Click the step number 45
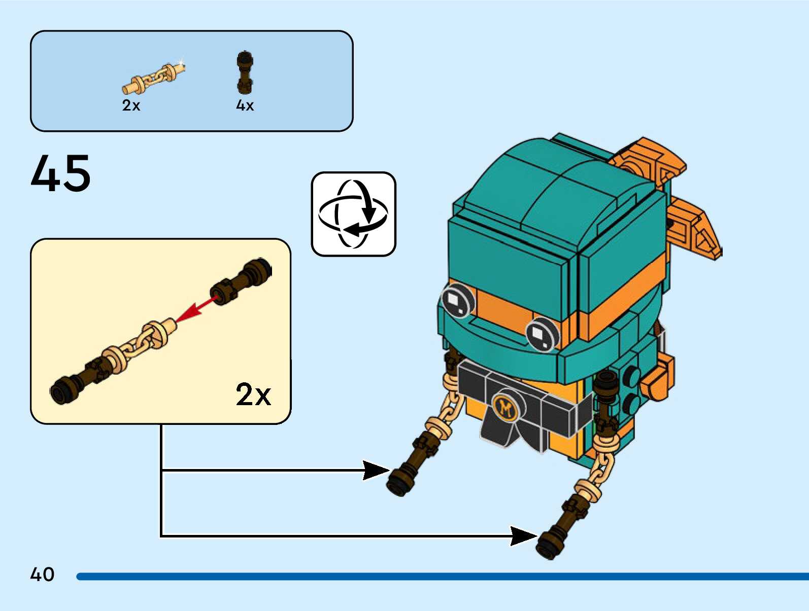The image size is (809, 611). pos(61,173)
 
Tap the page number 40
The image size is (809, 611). pos(42,574)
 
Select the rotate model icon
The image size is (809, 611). pos(353,214)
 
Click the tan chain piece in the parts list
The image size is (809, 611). pos(153,78)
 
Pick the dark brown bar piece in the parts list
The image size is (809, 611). pos(245,73)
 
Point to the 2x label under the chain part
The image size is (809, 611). pos(131,105)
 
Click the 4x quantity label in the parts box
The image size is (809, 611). pos(245,105)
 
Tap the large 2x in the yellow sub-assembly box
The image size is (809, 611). pos(253,394)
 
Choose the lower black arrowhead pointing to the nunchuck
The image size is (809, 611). pos(523,536)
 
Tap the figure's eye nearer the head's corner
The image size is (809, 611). pos(542,334)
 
